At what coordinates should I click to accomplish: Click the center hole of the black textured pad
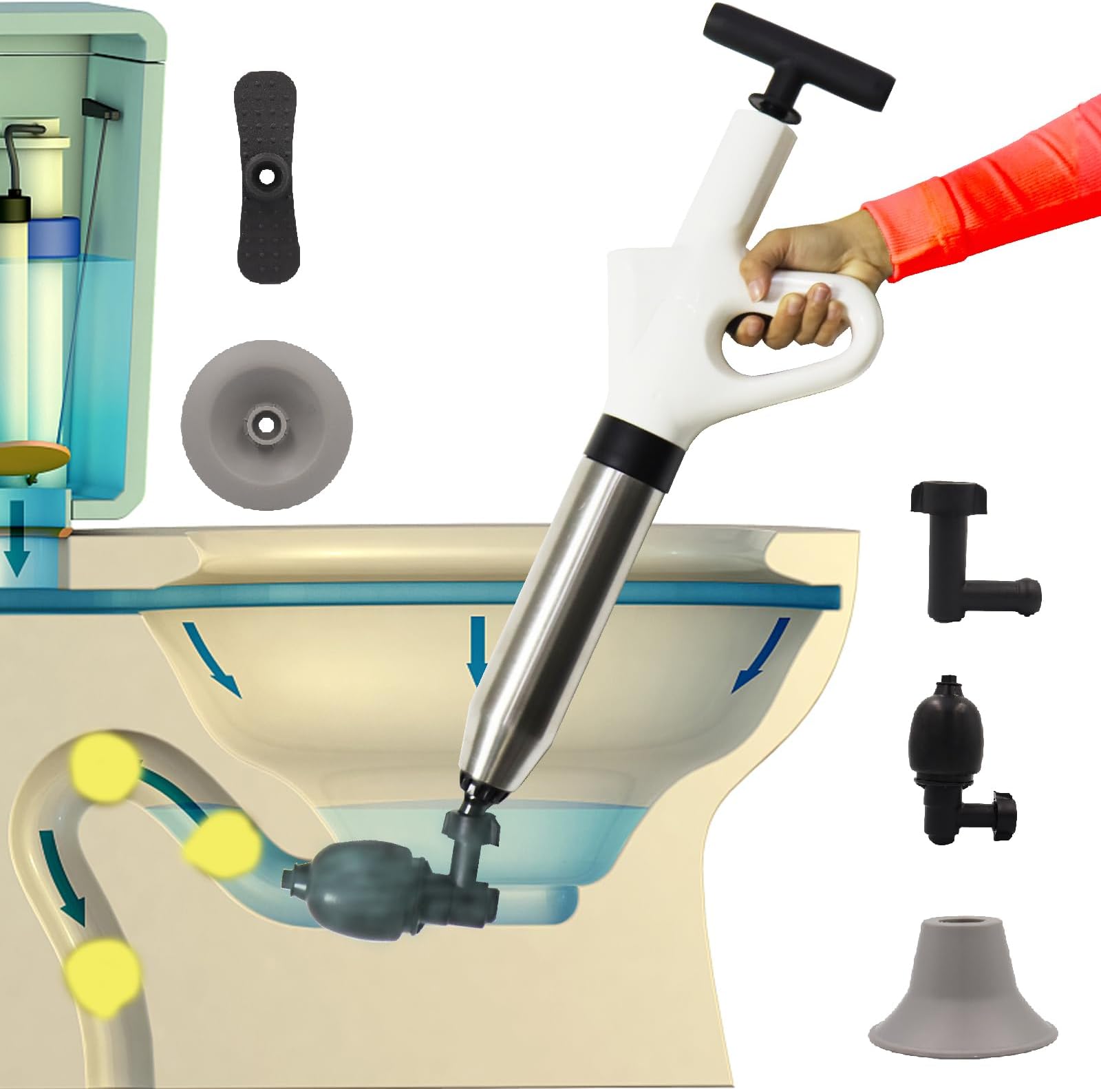(x=268, y=177)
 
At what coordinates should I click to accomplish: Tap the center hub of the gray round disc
(x=267, y=424)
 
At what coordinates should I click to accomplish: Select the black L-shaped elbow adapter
(x=963, y=551)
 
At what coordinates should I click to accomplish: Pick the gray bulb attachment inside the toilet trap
(x=358, y=885)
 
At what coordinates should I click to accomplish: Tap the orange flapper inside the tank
(x=34, y=458)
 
